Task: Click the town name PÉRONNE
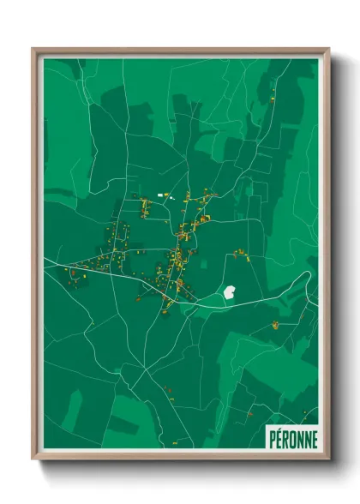click(291, 437)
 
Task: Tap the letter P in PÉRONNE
click(273, 437)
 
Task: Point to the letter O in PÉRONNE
click(292, 437)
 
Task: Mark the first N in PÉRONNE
click(299, 437)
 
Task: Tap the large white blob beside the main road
click(230, 292)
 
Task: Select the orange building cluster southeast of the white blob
click(275, 324)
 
